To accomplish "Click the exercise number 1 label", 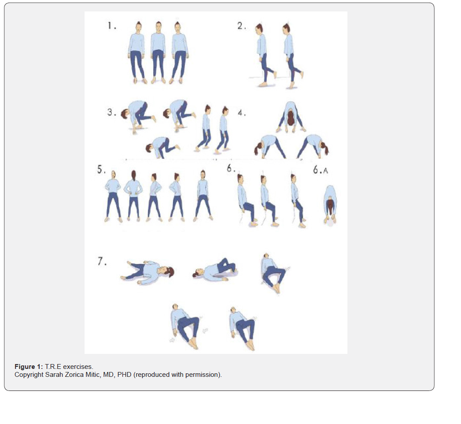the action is coord(111,26).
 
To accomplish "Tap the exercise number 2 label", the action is coord(242,26).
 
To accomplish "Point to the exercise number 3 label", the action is coord(111,112).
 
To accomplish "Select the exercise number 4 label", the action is coord(242,113).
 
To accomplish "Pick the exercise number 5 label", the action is coord(101,170).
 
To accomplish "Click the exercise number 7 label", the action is coord(102,261).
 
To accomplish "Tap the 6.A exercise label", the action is coord(320,170).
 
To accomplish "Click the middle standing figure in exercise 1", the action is coord(158,52).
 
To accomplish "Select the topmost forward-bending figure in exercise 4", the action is coord(291,117).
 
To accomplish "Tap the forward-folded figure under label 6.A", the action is coord(330,205).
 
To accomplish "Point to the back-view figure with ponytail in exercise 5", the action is coord(133,196).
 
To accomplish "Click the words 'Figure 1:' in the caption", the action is coord(29,367).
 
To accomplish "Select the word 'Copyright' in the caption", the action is coord(29,375).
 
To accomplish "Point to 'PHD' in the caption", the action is coord(124,375).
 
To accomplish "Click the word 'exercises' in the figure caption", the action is coord(77,367).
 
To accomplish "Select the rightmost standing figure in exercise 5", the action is coord(203,196).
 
